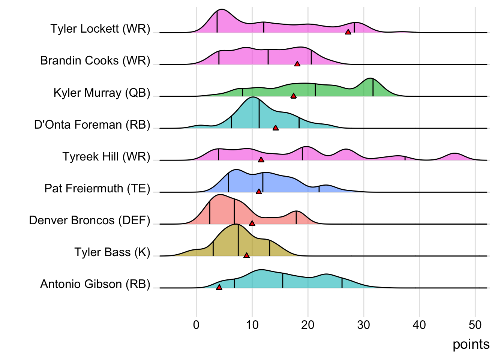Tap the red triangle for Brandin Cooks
tap(297, 64)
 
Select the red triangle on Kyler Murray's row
tap(294, 96)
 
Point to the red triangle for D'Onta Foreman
tap(276, 128)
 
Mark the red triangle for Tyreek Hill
tap(261, 160)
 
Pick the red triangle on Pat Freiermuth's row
tap(259, 192)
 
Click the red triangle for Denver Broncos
tap(252, 223)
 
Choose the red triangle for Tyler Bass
tap(246, 255)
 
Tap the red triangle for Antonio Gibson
tap(219, 287)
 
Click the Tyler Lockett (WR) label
tap(100, 29)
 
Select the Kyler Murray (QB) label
tap(102, 93)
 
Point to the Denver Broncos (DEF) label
tap(89, 220)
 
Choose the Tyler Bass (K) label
tap(112, 252)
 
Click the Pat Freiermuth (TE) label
tap(97, 188)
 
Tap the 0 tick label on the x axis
tap(196, 325)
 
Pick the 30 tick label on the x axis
tap(363, 325)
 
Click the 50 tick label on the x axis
tap(475, 325)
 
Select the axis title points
tap(471, 344)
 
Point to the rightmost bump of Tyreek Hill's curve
tap(454, 156)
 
